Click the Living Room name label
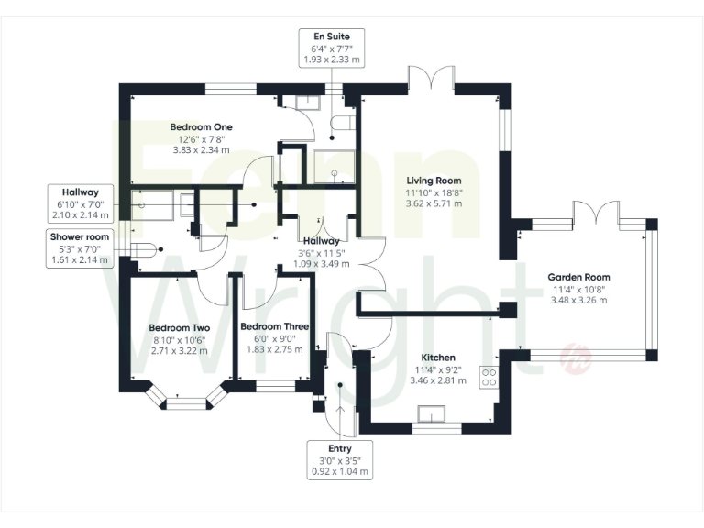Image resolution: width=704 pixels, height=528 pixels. (434, 181)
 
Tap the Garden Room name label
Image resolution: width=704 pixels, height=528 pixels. (579, 277)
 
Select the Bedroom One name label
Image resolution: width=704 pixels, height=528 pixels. (201, 126)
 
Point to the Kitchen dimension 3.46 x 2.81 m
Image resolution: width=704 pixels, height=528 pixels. (438, 379)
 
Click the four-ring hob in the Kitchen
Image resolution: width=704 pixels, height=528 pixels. (489, 378)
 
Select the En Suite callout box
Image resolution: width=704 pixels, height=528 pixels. (332, 47)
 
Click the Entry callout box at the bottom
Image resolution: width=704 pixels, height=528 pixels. (340, 461)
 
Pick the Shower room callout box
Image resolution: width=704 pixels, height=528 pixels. (80, 248)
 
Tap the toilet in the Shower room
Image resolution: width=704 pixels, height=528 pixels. (145, 247)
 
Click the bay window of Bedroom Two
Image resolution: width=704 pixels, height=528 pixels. (187, 397)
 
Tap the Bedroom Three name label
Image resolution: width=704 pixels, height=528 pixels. (274, 326)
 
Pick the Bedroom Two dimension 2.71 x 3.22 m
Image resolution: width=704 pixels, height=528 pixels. (181, 351)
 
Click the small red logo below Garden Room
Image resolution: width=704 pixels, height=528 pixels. (577, 357)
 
